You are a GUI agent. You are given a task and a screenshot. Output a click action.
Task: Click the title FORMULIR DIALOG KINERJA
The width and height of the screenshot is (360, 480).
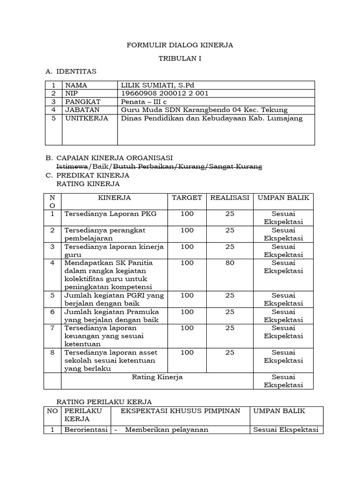[180, 45]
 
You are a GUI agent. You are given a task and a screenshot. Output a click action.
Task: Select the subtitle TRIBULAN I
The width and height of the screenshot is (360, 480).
[180, 59]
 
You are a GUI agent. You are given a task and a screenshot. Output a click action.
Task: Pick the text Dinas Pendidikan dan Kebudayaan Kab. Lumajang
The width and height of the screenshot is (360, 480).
[212, 118]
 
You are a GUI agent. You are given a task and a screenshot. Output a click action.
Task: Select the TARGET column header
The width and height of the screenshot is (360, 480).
[187, 198]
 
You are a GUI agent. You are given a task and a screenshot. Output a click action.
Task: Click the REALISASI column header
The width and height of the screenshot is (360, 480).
[229, 198]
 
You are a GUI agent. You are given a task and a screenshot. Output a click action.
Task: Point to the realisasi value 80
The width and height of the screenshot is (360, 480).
[230, 263]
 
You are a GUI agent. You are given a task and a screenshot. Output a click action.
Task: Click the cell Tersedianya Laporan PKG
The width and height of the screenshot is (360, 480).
[110, 214]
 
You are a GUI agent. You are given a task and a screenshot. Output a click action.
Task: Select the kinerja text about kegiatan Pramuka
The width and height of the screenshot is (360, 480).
[112, 315]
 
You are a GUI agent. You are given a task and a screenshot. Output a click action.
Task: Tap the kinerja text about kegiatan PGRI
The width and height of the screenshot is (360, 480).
[112, 299]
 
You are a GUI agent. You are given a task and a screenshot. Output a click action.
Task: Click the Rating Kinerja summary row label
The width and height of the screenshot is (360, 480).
[157, 377]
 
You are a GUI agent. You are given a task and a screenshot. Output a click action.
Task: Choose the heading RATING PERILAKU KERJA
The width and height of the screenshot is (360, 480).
[104, 402]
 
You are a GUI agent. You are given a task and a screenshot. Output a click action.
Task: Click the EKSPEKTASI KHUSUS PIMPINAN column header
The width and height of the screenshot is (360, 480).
[180, 411]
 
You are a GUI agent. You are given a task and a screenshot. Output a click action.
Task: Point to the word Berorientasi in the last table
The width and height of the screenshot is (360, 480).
[86, 430]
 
